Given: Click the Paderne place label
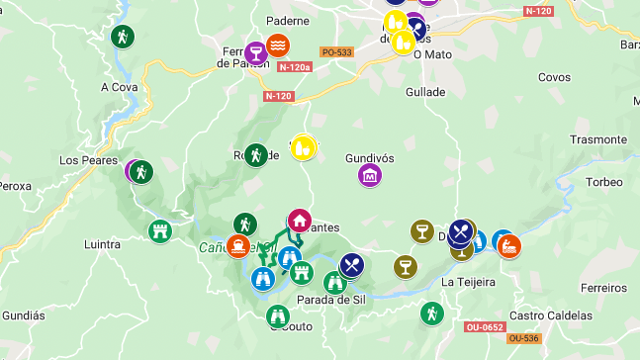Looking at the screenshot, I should pos(289,20).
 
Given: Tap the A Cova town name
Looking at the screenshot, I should pos(119,86).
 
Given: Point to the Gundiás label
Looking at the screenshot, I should pos(22,315).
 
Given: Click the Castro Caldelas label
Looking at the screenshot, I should pos(551,315).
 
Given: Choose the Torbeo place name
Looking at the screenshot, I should pos(603,182).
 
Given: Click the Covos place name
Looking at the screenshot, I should pos(554,77).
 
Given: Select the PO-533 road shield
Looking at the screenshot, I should pos(337,51).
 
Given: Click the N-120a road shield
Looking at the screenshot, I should pos(295,67).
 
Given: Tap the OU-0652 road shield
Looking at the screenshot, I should pos(485,325).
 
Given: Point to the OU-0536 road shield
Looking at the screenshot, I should pos(523,338).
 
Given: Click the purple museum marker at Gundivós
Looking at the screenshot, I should pos(370,175).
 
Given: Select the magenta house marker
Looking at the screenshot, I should pos(298,221).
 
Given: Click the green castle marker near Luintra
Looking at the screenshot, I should pos(159,231).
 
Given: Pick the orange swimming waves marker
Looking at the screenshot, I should pos(279,45).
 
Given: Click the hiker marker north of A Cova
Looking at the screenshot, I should pos(122,37).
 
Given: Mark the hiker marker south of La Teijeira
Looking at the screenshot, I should pos(431,314).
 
